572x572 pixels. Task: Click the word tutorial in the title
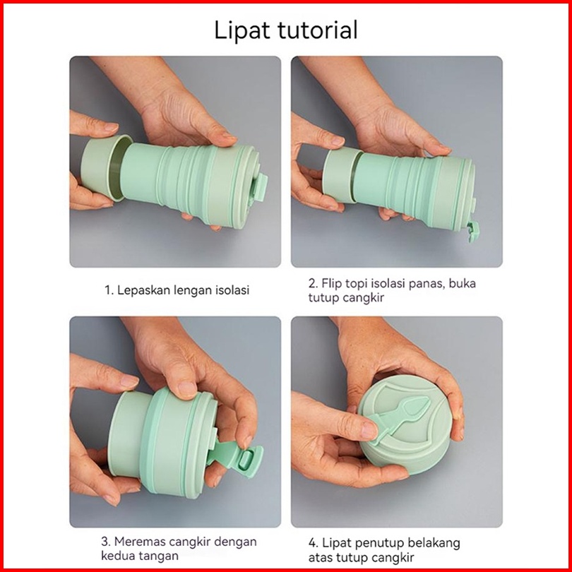318,30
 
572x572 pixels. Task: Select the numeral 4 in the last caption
313,544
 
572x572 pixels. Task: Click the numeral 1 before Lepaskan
107,290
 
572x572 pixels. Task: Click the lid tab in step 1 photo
259,186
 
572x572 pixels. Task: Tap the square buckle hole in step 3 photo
246,460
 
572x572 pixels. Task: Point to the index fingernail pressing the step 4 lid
369,430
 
